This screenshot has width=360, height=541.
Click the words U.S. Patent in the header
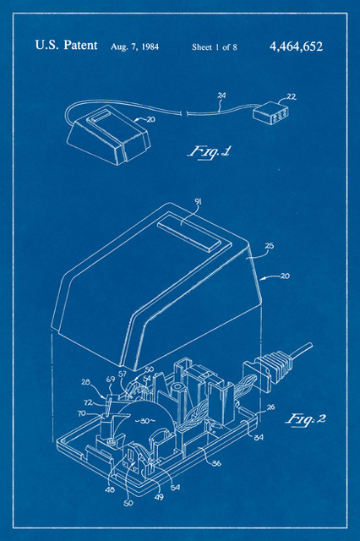[x=65, y=46]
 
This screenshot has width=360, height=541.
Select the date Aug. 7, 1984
[x=134, y=47]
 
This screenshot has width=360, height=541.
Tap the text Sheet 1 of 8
[x=214, y=47]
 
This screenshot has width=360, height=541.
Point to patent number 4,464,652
[x=296, y=47]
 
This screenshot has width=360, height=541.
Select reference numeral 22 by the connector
[x=292, y=96]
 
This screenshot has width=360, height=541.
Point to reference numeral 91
[x=199, y=201]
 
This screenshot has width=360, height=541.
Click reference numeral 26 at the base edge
[x=270, y=407]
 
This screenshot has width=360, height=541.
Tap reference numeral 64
[x=259, y=437]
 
